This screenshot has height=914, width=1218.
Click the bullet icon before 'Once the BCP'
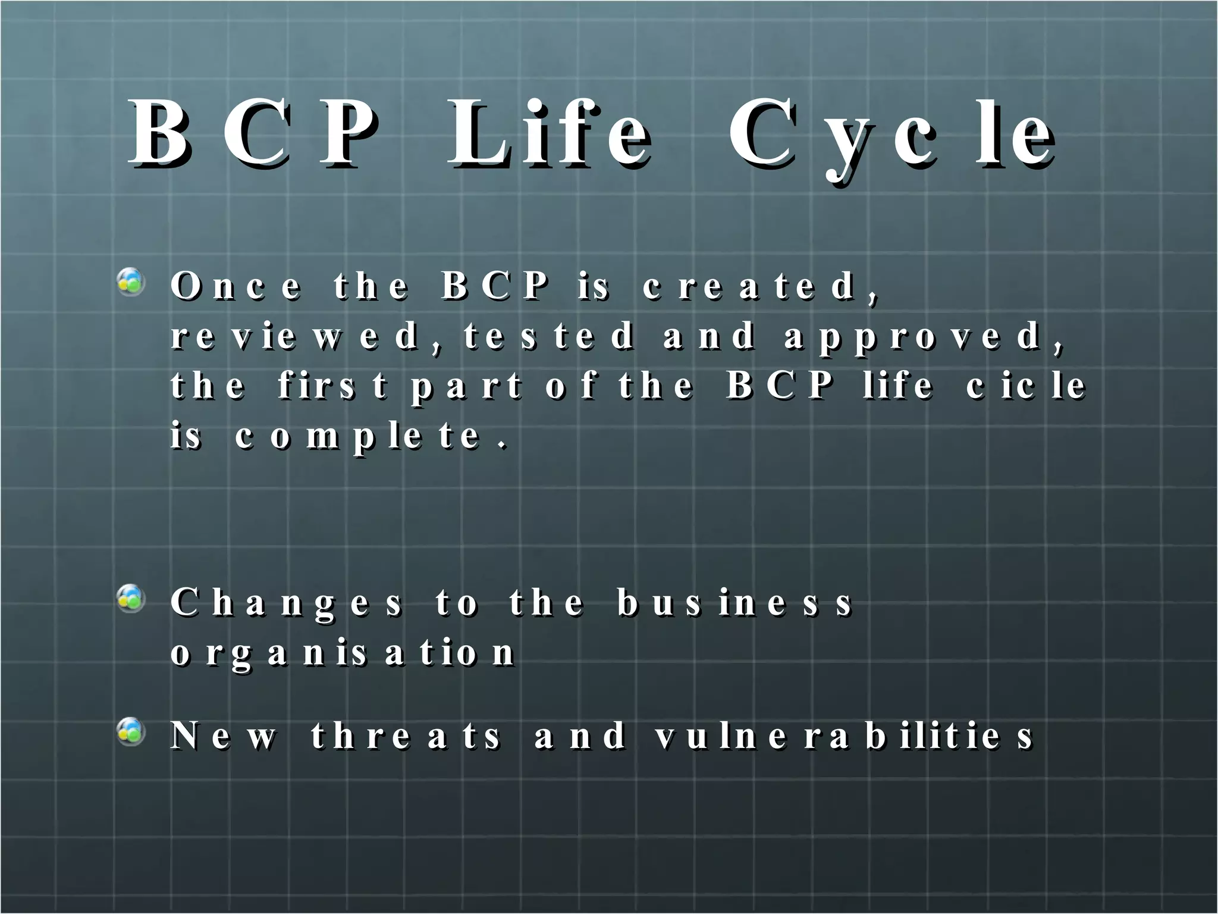pyautogui.click(x=131, y=282)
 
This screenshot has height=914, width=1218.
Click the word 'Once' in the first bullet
pyautogui.click(x=236, y=286)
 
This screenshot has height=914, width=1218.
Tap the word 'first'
pyautogui.click(x=333, y=386)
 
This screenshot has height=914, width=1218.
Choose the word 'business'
pyautogui.click(x=735, y=602)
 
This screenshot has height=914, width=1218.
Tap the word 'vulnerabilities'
pyautogui.click(x=845, y=736)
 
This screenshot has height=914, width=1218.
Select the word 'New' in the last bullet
pyautogui.click(x=224, y=736)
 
